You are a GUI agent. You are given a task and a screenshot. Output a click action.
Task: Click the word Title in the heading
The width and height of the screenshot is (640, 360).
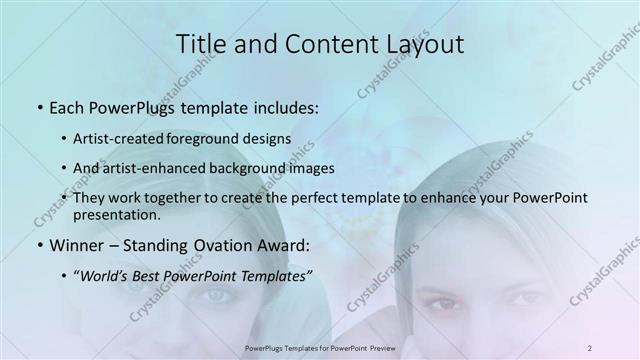pos(200,43)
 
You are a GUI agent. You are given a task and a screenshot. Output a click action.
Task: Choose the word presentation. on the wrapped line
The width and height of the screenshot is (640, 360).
pos(117,214)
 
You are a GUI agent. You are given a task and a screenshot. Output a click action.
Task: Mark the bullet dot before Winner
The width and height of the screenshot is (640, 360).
pos(38,244)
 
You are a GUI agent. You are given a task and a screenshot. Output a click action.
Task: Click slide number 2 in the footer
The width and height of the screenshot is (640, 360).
pos(590,347)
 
